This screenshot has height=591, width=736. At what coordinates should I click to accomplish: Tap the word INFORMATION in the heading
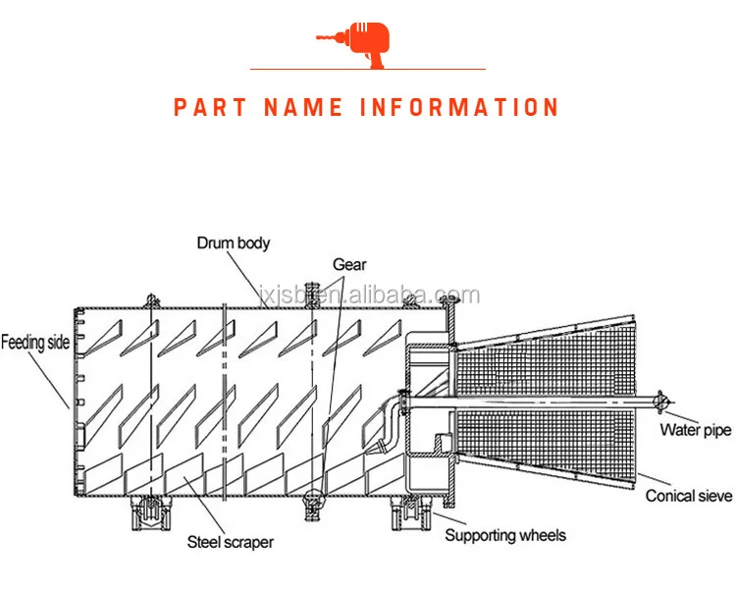coord(460,107)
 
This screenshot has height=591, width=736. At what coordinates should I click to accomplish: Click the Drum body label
coord(233,242)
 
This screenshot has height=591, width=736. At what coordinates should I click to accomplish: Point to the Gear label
coord(349,264)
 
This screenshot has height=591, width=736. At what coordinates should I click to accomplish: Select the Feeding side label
coord(35,343)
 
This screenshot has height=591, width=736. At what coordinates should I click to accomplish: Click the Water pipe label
coord(695,429)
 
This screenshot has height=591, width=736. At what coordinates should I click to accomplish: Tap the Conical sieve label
coord(689,496)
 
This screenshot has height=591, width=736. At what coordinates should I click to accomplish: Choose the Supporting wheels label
coord(505,535)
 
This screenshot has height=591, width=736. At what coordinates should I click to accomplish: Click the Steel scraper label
coord(231,541)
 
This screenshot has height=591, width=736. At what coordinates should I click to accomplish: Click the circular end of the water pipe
coord(663,402)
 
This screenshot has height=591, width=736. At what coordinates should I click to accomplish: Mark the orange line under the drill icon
coord(367,69)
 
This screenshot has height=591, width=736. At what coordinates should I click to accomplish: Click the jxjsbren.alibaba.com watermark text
coord(369,295)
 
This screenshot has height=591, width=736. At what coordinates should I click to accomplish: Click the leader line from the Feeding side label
coord(51,378)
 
